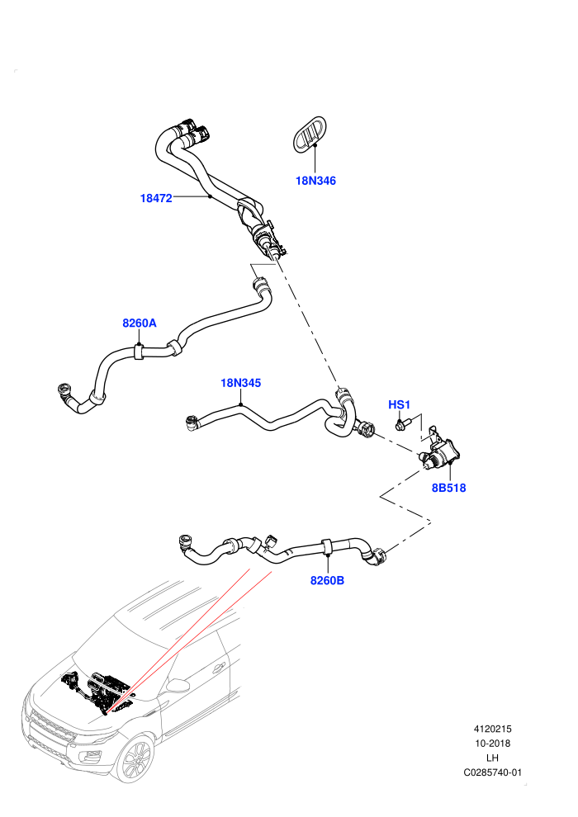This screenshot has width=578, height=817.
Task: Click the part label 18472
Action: (156, 198)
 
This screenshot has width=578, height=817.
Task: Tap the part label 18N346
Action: (316, 181)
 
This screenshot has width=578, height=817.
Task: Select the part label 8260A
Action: (140, 323)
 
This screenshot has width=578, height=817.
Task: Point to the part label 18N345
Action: (241, 383)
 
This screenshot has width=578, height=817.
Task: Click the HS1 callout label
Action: (400, 405)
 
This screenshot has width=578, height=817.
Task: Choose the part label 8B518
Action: (448, 489)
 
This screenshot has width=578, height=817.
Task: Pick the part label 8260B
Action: (327, 580)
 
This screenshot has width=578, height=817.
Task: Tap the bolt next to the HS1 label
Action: (404, 423)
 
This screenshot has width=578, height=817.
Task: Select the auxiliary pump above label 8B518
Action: (442, 451)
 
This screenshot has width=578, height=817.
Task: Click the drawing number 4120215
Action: (492, 729)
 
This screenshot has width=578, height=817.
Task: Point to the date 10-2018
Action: (492, 744)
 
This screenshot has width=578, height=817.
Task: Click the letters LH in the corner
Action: (492, 758)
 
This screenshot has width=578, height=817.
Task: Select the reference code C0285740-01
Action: (492, 772)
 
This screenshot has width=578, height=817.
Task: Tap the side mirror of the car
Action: (178, 685)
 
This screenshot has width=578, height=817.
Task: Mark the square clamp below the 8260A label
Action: (140, 352)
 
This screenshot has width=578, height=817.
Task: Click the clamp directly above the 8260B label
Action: (327, 546)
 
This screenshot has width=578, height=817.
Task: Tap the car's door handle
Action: (220, 668)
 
